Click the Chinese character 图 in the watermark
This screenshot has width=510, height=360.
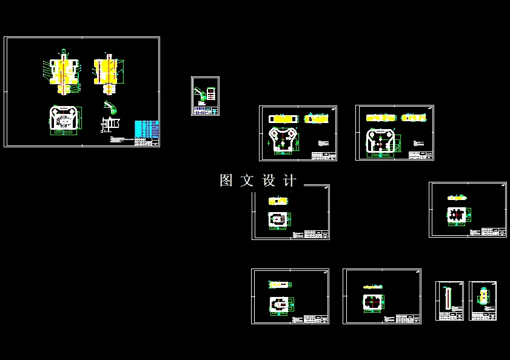226,181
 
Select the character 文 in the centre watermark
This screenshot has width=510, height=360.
247,181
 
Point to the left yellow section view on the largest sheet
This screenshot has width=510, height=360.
62,73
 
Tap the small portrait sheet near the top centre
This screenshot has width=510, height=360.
205,96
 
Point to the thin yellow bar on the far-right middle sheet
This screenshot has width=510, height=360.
457,198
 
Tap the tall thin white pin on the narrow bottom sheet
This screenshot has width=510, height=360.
448,298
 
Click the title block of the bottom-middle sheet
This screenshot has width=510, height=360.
408,318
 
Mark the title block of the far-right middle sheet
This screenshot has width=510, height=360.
494,232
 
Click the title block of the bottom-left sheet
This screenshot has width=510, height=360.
316,318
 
